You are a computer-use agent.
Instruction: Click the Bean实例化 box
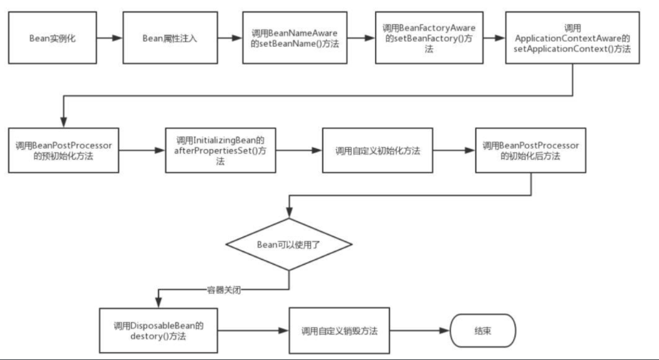pyautogui.click(x=52, y=38)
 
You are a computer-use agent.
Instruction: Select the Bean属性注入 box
pyautogui.click(x=170, y=38)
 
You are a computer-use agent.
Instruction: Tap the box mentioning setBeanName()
pyautogui.click(x=295, y=38)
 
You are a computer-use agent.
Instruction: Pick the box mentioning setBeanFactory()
pyautogui.click(x=429, y=38)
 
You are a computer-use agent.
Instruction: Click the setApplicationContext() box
pyautogui.click(x=572, y=38)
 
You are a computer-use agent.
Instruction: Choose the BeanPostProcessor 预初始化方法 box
pyautogui.click(x=64, y=150)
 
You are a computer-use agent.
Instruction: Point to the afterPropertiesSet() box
pyautogui.click(x=221, y=150)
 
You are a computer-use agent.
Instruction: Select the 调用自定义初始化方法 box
pyautogui.click(x=378, y=150)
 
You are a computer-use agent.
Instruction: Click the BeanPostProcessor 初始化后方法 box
pyautogui.click(x=530, y=150)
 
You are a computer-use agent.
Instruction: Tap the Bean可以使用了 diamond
pyautogui.click(x=289, y=244)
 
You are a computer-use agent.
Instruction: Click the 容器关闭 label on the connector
pyautogui.click(x=224, y=290)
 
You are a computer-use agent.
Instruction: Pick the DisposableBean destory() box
pyautogui.click(x=159, y=331)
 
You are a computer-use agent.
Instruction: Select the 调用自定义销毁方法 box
pyautogui.click(x=339, y=331)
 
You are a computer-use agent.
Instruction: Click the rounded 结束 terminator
pyautogui.click(x=482, y=331)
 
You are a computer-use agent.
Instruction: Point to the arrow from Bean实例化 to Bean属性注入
pyautogui.click(x=110, y=38)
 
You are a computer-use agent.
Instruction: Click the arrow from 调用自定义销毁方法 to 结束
pyautogui.click(x=420, y=331)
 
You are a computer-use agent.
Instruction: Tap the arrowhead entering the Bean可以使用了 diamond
pyautogui.click(x=289, y=213)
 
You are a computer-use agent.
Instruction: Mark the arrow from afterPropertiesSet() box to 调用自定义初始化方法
pyautogui.click(x=300, y=150)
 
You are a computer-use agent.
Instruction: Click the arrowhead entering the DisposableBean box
pyautogui.click(x=159, y=303)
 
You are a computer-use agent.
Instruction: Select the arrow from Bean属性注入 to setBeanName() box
pyautogui.click(x=230, y=38)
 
